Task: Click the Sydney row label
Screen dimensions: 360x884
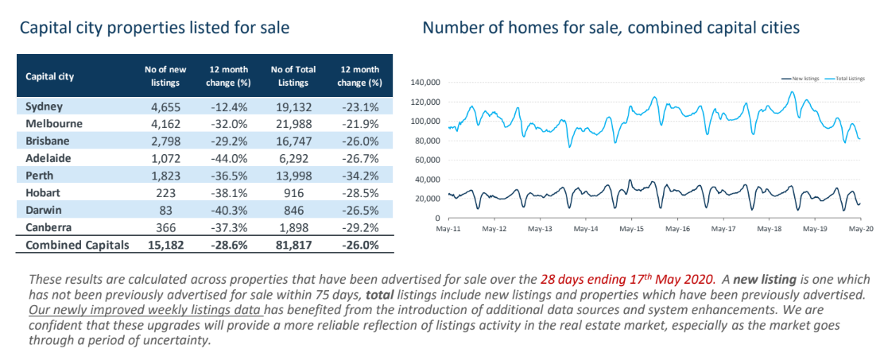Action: [45, 106]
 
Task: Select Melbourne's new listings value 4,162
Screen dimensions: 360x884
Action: [165, 124]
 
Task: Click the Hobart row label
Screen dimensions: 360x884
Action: [44, 193]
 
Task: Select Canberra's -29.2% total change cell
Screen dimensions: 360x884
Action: [359, 228]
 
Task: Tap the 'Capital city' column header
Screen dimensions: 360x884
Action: [50, 77]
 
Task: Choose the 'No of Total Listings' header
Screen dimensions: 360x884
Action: [293, 76]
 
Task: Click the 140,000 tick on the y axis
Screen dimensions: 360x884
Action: [426, 83]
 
